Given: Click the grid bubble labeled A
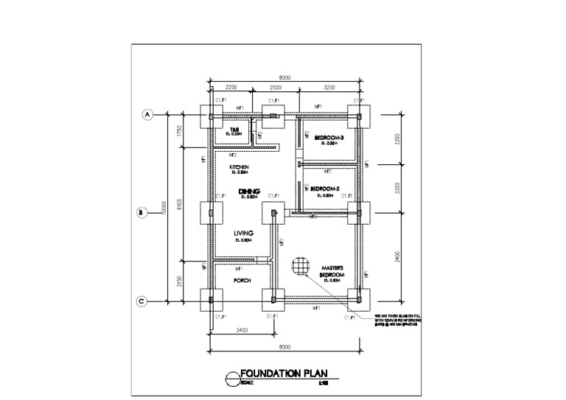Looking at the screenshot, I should pos(147,115).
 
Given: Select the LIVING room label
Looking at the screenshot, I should pos(244,233).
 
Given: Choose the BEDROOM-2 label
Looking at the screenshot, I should pos(325,189).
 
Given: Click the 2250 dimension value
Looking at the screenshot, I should pos(231,87).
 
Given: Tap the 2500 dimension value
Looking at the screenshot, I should pos(274,87).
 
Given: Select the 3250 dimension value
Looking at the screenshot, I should pos(329,87).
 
